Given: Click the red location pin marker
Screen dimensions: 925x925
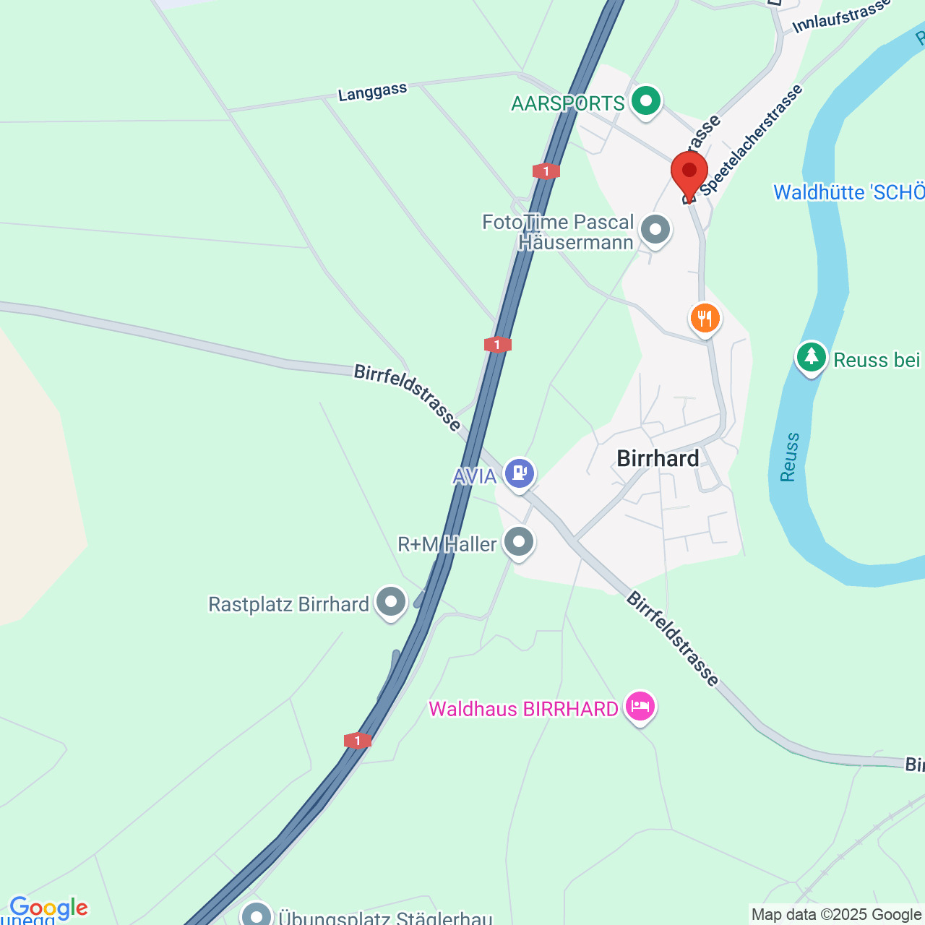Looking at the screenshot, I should click(x=689, y=172).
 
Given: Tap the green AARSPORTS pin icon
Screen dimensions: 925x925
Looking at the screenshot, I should click(x=646, y=101).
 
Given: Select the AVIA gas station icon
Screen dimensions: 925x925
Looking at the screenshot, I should click(x=520, y=473).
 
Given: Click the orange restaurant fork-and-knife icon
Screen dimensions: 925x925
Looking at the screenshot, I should click(x=705, y=318).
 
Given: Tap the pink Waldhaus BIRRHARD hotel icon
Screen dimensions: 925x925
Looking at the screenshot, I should click(x=640, y=706).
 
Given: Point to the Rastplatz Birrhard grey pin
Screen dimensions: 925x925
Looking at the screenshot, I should click(x=392, y=602).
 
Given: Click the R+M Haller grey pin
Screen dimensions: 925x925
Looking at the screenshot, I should click(x=519, y=542).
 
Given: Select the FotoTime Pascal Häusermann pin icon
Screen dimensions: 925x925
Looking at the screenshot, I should click(x=655, y=231).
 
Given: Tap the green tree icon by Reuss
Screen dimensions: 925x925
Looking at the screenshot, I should click(x=812, y=356).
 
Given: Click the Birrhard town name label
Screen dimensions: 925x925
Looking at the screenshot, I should click(x=658, y=458).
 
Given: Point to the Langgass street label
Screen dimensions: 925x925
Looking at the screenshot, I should click(x=373, y=92).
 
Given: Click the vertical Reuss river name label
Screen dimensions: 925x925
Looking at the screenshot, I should click(x=790, y=457).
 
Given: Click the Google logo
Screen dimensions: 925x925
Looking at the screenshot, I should click(x=48, y=908).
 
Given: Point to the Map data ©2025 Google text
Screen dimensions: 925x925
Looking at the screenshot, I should click(x=837, y=915).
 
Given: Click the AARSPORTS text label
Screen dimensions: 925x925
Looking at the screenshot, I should click(x=567, y=103).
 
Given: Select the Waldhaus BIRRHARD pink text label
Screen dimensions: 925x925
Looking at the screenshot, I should click(x=523, y=709).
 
